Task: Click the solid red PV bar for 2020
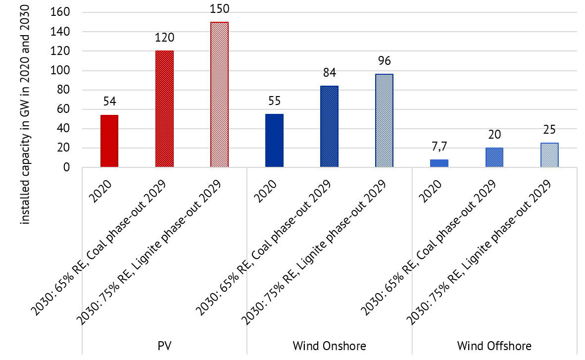point(109,141)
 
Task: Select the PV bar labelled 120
point(164,109)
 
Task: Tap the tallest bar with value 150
point(219,95)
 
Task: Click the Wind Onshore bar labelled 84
point(329,127)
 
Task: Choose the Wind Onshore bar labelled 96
point(384,121)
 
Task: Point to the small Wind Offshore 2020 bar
point(439,163)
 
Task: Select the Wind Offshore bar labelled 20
point(494,157)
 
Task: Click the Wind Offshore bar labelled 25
point(549,155)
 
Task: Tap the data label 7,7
point(439,148)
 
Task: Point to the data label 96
point(384,62)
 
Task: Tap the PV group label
point(164,346)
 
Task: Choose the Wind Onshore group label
point(329,346)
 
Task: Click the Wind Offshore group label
point(494,346)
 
